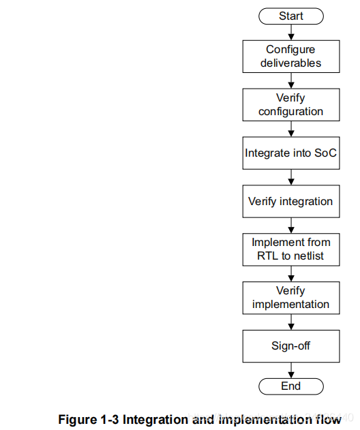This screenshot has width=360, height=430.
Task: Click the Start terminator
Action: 290,16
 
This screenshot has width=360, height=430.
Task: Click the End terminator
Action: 290,386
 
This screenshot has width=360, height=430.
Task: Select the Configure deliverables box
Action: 290,57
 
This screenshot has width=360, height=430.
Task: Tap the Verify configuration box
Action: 290,105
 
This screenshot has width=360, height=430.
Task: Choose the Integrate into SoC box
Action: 290,153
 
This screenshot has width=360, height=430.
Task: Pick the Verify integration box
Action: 290,201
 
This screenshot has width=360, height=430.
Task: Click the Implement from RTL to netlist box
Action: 290,249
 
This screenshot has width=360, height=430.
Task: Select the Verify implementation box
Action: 290,298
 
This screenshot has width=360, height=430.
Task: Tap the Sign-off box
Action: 290,345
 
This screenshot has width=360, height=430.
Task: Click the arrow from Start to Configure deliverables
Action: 291,32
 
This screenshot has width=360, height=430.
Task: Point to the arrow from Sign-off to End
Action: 291,370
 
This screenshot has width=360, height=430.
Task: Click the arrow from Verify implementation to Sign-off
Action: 291,322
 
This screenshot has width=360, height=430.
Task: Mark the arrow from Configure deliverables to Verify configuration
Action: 291,80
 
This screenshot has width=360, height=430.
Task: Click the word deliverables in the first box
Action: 290,63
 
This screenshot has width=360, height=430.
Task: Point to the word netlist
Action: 307,256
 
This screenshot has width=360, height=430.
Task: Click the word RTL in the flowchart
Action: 266,256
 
